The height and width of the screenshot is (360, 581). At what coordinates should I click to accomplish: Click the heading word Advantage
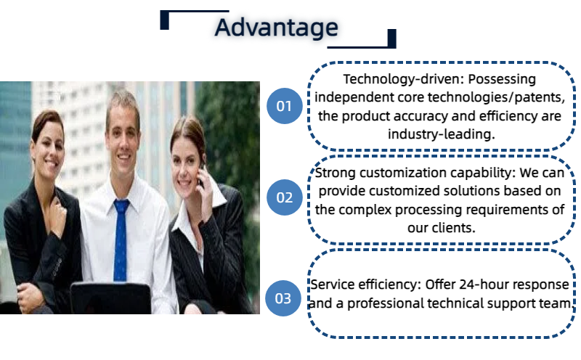tap(277, 28)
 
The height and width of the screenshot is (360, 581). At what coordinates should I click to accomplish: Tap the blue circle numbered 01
tap(284, 106)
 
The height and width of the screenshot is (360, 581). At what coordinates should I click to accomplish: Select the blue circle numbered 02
tap(284, 197)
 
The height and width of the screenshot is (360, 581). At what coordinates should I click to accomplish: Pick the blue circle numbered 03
tap(283, 298)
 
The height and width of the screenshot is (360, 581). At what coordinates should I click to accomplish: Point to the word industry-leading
tap(442, 134)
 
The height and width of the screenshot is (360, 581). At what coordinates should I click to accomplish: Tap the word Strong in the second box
tap(336, 173)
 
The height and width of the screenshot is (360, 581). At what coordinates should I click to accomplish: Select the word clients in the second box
tap(456, 228)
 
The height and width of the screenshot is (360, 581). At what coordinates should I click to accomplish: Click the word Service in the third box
tap(333, 285)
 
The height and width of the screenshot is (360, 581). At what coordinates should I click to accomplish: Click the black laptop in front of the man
tap(110, 298)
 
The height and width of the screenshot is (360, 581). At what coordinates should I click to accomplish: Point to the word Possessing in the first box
tap(502, 79)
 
